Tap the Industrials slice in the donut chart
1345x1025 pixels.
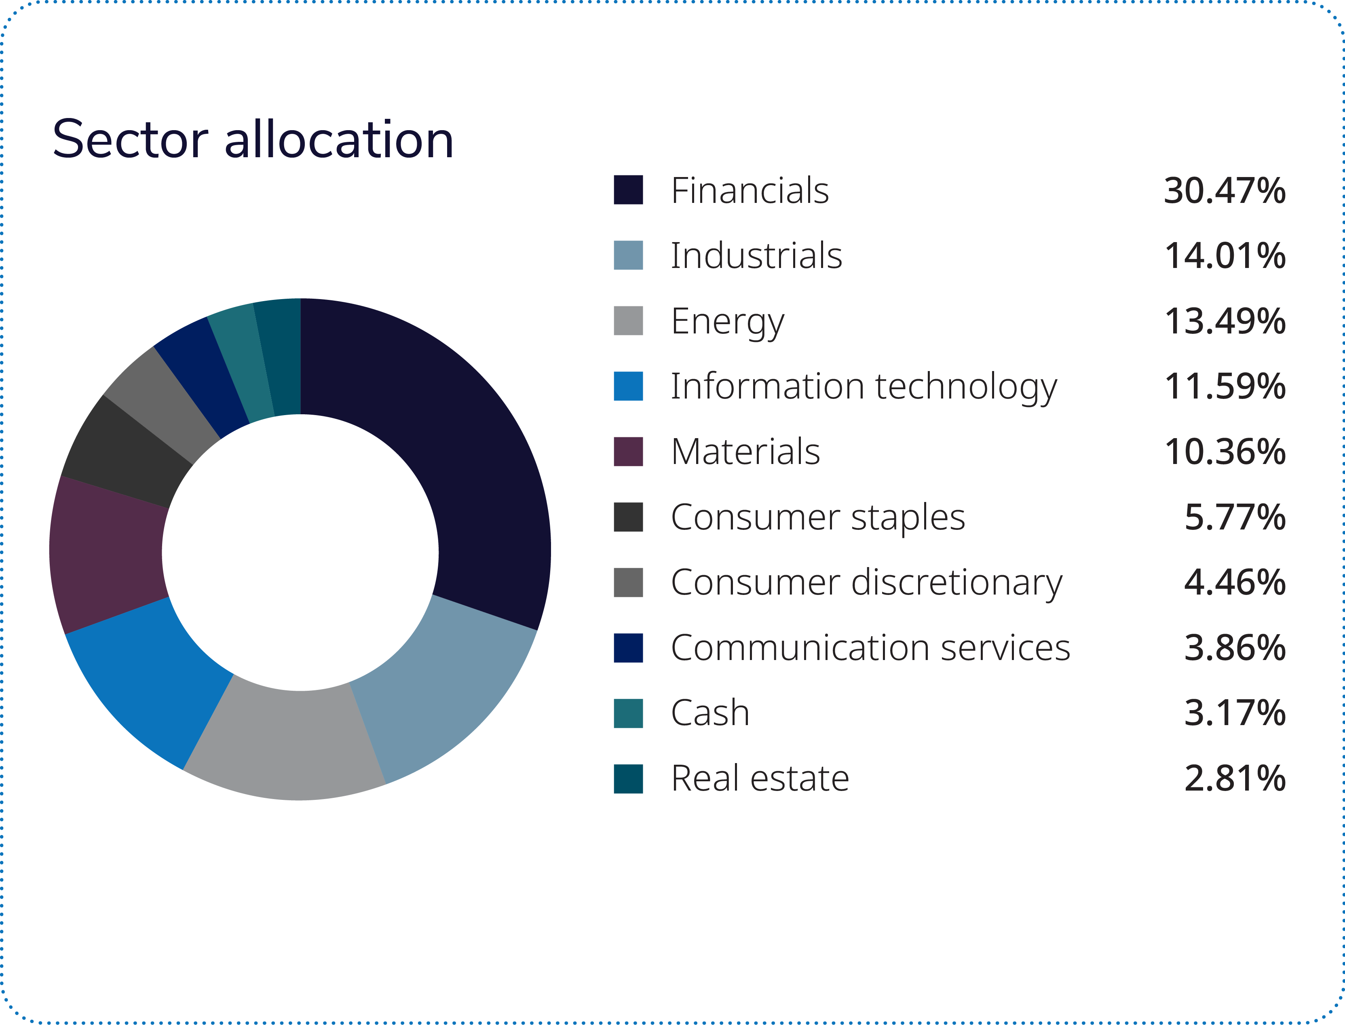coord(439,690)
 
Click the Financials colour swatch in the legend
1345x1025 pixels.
coord(628,190)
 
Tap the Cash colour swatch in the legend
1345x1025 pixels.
coord(628,713)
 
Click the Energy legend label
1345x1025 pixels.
coord(727,322)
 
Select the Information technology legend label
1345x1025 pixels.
coord(864,387)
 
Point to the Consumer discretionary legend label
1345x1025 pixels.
coord(867,583)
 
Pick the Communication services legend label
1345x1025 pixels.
coord(870,648)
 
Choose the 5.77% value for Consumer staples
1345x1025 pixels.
coord(1235,517)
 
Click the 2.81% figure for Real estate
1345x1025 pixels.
coord(1235,779)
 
